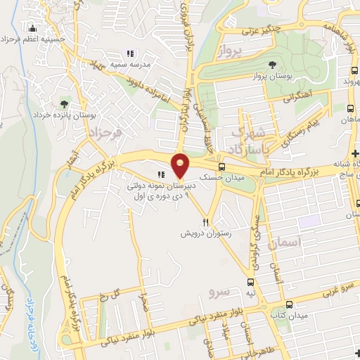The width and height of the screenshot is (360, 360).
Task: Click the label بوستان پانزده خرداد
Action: tap(61, 115)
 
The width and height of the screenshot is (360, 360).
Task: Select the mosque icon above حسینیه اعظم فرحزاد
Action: tap(31, 29)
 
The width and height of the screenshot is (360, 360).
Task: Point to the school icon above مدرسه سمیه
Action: tap(129, 53)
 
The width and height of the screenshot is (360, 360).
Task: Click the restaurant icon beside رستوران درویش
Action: tap(205, 220)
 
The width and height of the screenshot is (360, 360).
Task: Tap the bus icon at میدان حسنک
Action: tap(222, 167)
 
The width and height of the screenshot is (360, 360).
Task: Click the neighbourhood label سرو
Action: tap(220, 290)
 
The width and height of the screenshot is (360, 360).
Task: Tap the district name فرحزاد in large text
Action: tap(105, 133)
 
